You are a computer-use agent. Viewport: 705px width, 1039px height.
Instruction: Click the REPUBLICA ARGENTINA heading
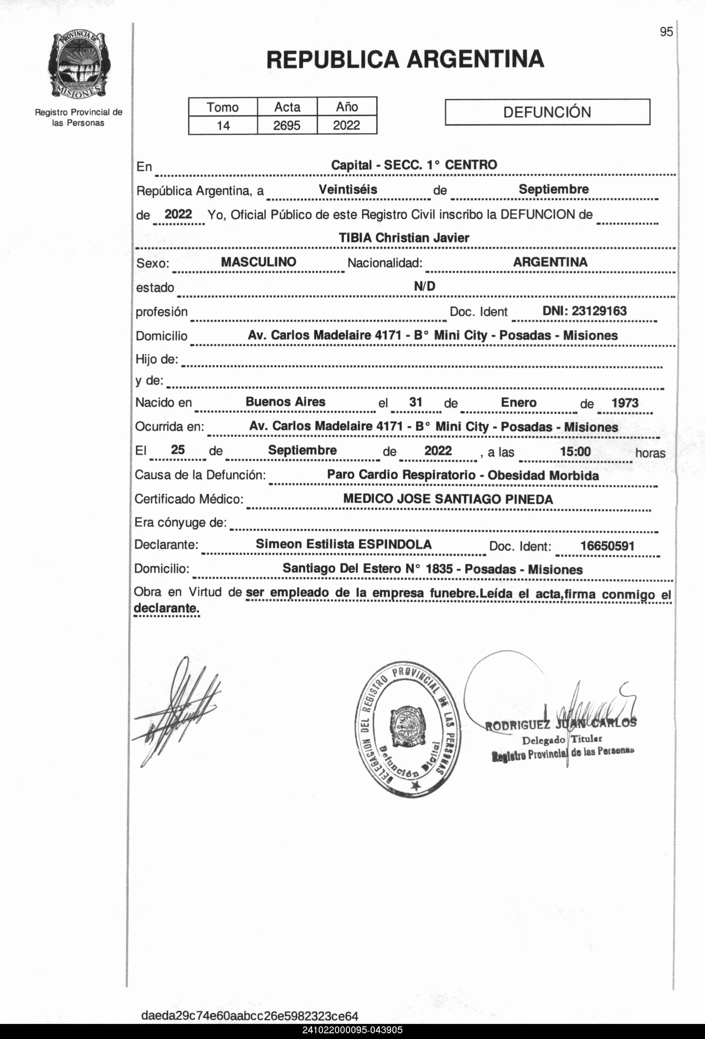(x=405, y=59)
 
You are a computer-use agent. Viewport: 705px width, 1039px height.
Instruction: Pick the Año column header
(x=347, y=107)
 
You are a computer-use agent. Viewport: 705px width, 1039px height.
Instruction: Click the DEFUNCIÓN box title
(x=547, y=112)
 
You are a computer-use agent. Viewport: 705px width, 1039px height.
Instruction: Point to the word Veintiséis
(x=348, y=190)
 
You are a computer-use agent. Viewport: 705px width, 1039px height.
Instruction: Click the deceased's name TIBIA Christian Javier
(x=404, y=238)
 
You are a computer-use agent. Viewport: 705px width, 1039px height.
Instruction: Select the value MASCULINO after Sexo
(x=259, y=262)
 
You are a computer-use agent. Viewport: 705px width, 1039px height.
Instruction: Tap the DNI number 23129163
(x=584, y=311)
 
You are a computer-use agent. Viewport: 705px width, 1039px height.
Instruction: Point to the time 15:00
(x=575, y=451)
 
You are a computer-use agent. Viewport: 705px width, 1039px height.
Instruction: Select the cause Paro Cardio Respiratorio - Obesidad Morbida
(x=463, y=475)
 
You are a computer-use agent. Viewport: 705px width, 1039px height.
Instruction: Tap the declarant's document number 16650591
(x=607, y=546)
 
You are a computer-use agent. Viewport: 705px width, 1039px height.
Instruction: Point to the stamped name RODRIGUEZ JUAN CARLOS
(x=560, y=724)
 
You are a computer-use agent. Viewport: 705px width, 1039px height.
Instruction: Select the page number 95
(x=666, y=32)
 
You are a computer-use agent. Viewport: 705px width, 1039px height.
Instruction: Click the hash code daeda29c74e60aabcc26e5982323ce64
(x=250, y=1016)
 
